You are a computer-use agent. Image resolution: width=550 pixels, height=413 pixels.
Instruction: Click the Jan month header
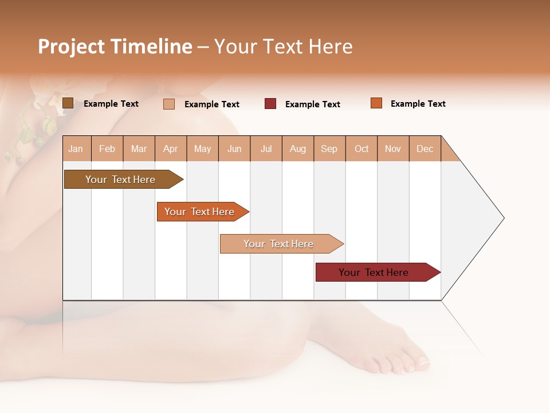tap(76, 149)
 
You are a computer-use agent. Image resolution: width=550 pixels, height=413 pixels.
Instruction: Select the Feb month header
tap(107, 149)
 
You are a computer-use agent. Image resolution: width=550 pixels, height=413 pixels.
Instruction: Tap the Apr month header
tap(171, 149)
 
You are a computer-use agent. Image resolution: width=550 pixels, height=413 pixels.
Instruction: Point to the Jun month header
tap(234, 149)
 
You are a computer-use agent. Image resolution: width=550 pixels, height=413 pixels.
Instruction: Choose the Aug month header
tap(298, 149)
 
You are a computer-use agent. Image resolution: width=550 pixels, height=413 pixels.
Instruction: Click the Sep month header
tap(329, 149)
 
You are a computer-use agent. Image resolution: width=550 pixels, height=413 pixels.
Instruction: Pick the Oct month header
tap(362, 149)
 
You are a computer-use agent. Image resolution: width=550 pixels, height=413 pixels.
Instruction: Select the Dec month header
tap(425, 149)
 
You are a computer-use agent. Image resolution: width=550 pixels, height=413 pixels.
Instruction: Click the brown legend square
tap(68, 103)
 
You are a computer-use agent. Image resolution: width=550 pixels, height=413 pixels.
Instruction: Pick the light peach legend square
tap(169, 104)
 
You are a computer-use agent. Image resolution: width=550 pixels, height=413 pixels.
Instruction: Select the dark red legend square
tap(270, 104)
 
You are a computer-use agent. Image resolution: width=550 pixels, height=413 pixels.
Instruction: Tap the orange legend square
tap(376, 103)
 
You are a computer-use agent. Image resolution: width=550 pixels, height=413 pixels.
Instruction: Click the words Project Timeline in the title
tap(115, 46)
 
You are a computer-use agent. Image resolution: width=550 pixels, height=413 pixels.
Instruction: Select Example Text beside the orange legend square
tap(418, 104)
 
